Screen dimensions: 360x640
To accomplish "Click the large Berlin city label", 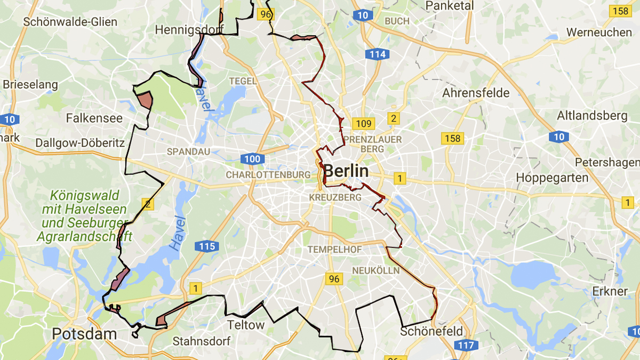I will click(346, 171).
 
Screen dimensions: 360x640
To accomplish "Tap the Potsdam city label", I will click(84, 334).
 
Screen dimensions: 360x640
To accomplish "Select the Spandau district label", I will click(188, 151).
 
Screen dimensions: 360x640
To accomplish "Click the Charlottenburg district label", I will click(268, 175).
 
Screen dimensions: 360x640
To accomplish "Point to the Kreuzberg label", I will click(335, 197).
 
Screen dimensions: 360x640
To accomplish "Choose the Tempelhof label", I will click(334, 250).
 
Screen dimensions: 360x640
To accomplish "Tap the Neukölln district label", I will click(375, 271).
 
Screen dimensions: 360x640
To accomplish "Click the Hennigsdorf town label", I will click(189, 30).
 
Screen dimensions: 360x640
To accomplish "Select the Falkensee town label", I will click(94, 118).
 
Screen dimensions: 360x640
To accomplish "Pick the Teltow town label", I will click(246, 325).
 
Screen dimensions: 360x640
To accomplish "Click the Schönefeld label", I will click(431, 331).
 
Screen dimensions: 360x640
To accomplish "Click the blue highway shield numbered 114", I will click(377, 54).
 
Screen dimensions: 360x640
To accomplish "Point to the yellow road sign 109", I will click(363, 124).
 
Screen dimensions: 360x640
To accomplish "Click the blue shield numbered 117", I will click(466, 345).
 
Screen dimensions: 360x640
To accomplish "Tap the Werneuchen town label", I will click(598, 32).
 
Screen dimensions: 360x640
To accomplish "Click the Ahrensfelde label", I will click(476, 93).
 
